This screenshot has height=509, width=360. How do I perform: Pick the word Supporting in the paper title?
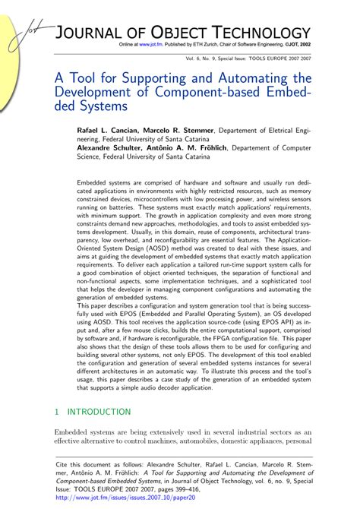166,79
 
